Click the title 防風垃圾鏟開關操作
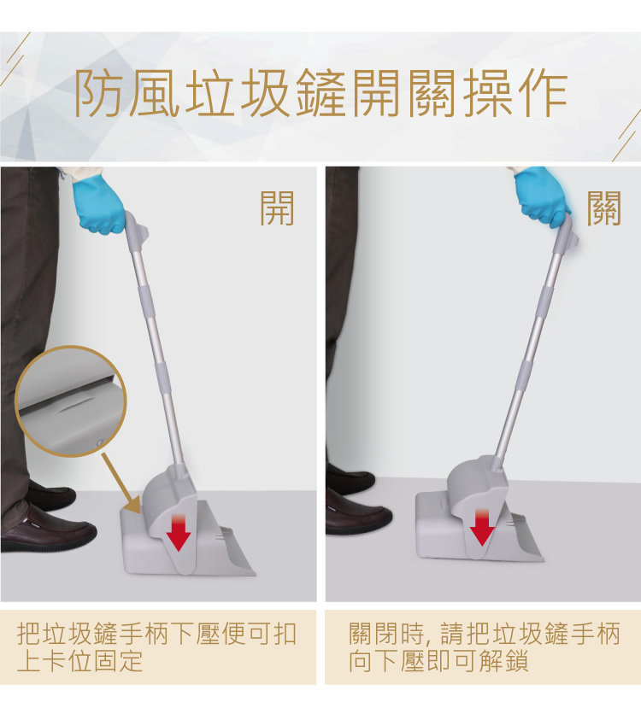click(320, 93)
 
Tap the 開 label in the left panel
click(277, 208)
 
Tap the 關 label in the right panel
click(604, 208)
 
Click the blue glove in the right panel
click(541, 196)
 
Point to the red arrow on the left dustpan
click(179, 532)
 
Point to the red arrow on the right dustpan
click(482, 526)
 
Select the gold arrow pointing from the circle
click(121, 483)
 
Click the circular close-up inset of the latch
click(71, 401)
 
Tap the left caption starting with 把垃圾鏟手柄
click(156, 647)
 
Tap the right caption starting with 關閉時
click(484, 647)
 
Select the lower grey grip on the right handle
click(526, 373)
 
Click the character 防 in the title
click(97, 93)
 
